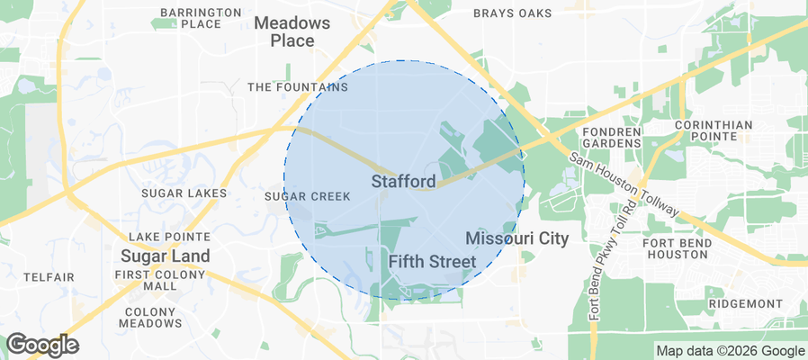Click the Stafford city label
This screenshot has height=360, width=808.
coord(403,182)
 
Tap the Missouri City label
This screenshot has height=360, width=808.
coord(517,238)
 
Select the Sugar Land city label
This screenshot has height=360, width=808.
coord(166,256)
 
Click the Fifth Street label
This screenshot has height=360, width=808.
coord(432,262)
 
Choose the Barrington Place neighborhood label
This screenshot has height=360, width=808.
coord(201,18)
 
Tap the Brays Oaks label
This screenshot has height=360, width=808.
coord(511,13)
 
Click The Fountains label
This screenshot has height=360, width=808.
coord(298,87)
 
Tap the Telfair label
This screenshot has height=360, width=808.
coord(49,277)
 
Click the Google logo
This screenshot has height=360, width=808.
coord(42,345)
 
